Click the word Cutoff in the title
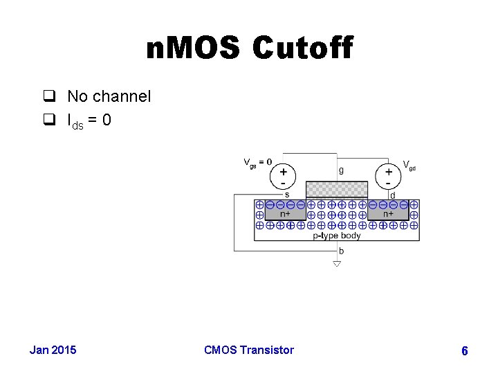[x=302, y=48]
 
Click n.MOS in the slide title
[x=193, y=48]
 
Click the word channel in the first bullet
[x=123, y=96]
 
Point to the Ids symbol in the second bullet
[x=73, y=121]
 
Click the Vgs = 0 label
[x=257, y=163]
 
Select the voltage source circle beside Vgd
[x=389, y=174]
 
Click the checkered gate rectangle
[x=337, y=188]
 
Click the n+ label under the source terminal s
[x=285, y=214]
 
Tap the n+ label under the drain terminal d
[x=389, y=214]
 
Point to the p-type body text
[x=337, y=235]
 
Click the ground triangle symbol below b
[x=337, y=263]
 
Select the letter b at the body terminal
[x=342, y=251]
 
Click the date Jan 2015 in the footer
[x=53, y=350]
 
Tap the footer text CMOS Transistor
[x=249, y=350]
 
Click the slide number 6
[x=464, y=351]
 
